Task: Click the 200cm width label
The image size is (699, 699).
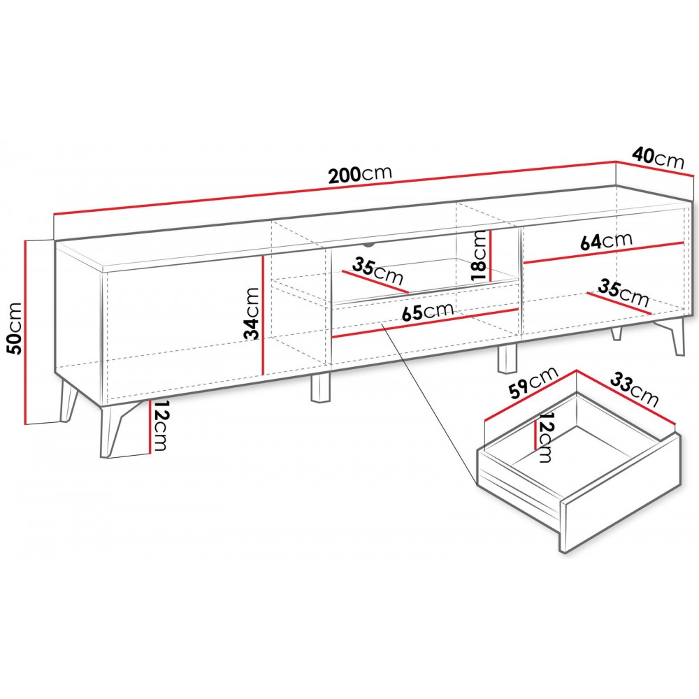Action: tap(360, 174)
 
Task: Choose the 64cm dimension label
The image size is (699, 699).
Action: tap(606, 241)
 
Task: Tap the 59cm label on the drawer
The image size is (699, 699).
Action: tap(533, 382)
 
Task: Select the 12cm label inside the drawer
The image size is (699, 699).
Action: tap(545, 437)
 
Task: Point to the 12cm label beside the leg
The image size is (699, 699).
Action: tap(159, 426)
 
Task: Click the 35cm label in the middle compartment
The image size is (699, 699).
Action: tap(377, 271)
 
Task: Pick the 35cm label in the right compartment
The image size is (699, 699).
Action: tap(624, 292)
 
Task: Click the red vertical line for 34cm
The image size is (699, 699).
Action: tap(264, 315)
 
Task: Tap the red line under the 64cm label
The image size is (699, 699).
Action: tap(603, 253)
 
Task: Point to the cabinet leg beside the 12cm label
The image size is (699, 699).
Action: tap(115, 429)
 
